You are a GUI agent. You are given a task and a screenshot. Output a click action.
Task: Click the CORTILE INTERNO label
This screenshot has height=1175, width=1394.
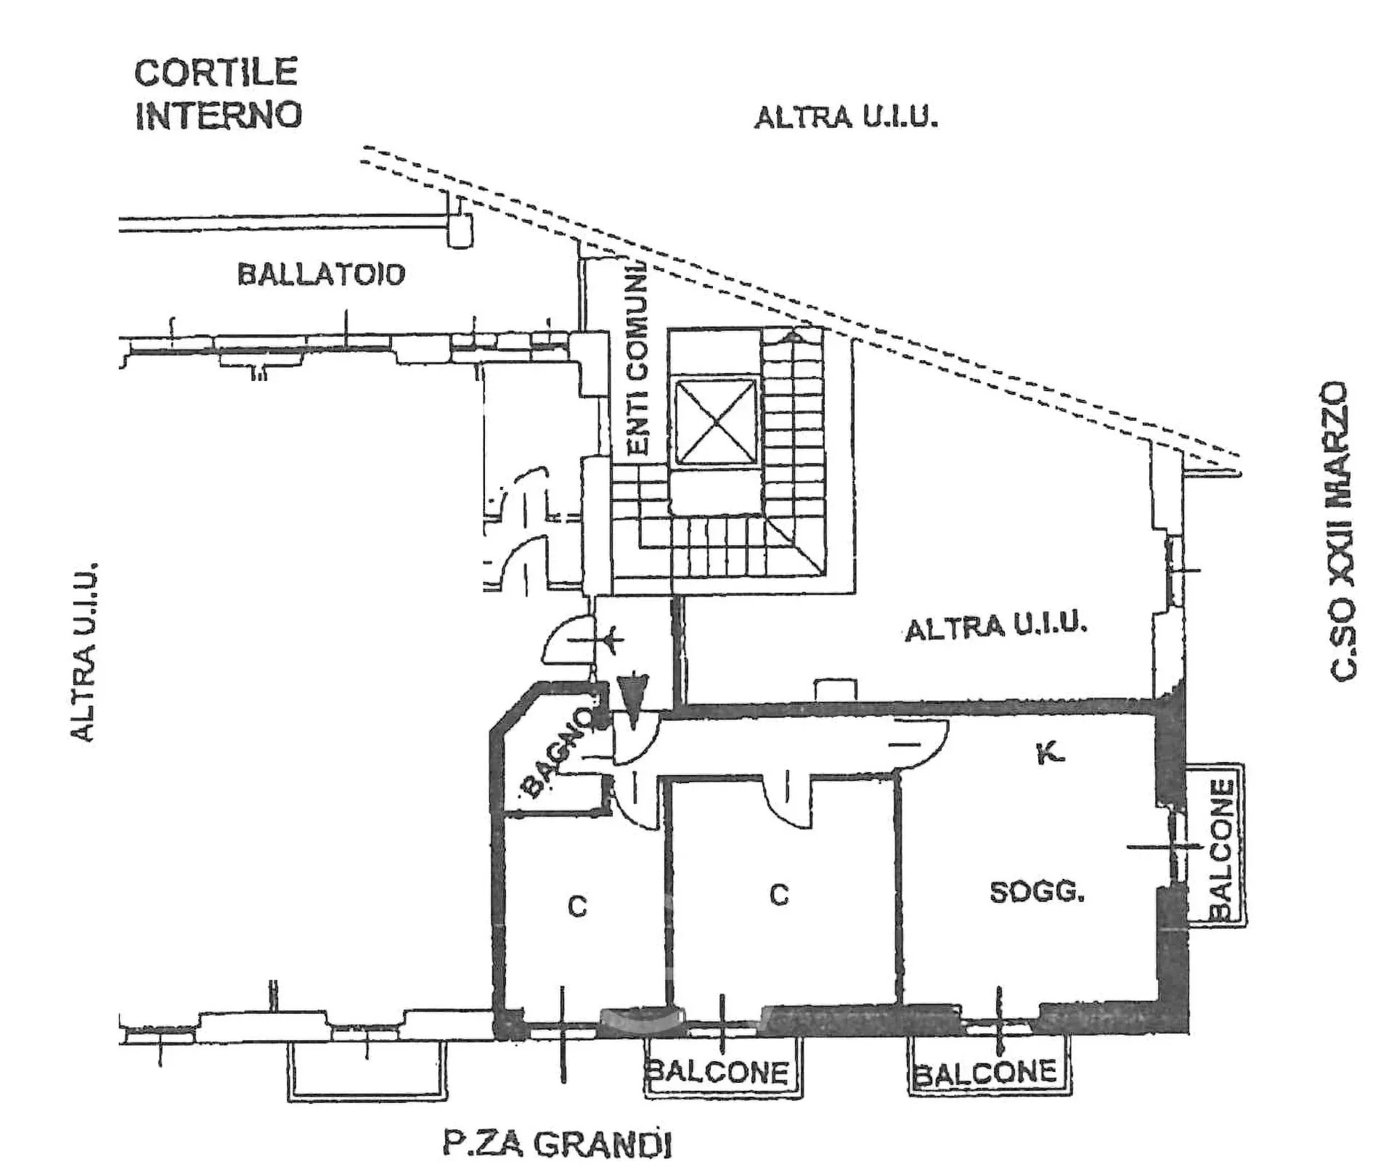point(217,94)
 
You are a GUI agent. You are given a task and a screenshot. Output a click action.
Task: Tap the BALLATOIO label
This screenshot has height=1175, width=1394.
point(321,274)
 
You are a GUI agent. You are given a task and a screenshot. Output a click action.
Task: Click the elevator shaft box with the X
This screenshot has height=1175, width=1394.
point(715,421)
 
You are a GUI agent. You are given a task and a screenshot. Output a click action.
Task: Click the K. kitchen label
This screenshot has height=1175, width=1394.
point(1050,755)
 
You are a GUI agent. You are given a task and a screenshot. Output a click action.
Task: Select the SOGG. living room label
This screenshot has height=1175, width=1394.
point(1037,891)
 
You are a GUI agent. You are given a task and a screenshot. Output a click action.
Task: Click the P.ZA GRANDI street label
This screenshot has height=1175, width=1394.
point(557,1145)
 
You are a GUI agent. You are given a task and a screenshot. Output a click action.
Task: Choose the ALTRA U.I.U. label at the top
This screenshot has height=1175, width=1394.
point(846,118)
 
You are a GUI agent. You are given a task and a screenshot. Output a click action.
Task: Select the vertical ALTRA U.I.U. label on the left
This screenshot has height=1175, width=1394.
point(83,651)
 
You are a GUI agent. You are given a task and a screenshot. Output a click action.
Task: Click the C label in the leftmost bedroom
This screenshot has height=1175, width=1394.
point(577,906)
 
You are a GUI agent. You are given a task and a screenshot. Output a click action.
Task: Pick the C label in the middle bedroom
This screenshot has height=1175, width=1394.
point(779,896)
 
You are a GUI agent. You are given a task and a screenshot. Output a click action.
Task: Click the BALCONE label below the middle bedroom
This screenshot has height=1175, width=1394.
point(717,1072)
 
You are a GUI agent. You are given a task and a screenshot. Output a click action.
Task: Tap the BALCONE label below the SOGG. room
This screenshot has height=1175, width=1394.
point(987,1072)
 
